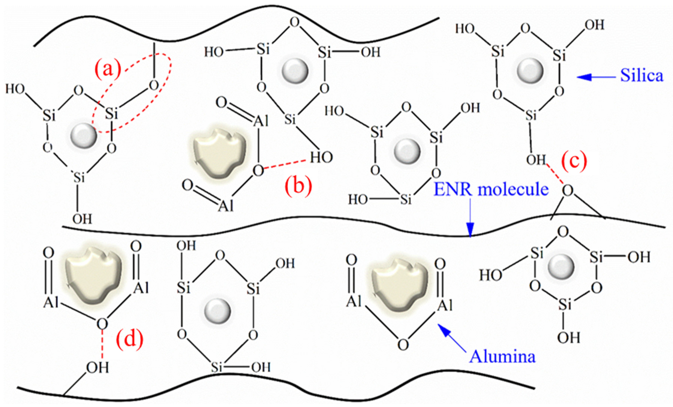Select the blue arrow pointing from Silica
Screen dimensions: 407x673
(595, 77)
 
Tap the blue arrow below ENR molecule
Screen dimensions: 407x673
(470, 219)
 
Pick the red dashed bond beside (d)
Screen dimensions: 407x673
(102, 344)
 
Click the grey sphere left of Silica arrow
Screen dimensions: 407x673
(530, 71)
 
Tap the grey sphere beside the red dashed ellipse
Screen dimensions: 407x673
(83, 135)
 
